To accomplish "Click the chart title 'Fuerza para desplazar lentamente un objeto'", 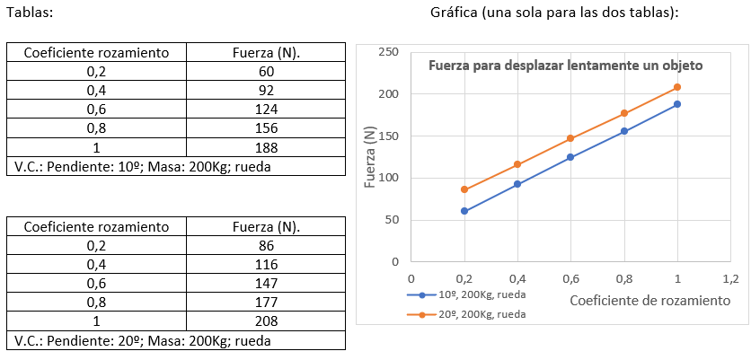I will [x=565, y=66].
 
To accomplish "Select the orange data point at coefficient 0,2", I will [x=464, y=189].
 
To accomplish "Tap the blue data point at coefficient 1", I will [x=677, y=104].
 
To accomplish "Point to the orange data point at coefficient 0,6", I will [x=570, y=138].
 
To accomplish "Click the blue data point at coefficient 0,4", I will [x=517, y=184].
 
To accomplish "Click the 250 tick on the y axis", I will [x=388, y=52].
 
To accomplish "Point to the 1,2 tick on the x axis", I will [x=730, y=278].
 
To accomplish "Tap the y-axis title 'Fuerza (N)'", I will [x=370, y=157].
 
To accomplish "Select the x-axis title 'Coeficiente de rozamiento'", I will [x=649, y=300].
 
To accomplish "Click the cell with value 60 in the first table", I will [x=266, y=71].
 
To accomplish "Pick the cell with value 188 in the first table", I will [x=266, y=147].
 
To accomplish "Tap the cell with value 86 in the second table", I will [x=266, y=246].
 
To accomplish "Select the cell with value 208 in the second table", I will [x=266, y=321].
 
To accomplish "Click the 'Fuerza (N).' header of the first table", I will [x=266, y=52].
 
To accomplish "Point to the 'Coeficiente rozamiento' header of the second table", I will [x=96, y=227].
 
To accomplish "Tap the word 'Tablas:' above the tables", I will [x=29, y=13].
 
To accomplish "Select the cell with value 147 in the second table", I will [x=266, y=284].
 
